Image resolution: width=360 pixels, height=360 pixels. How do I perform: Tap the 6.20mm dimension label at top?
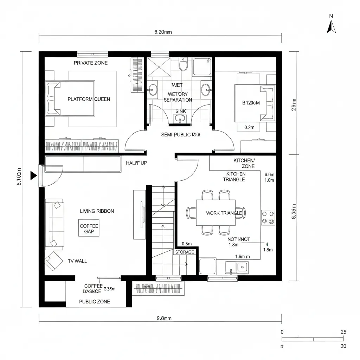pos(163,32)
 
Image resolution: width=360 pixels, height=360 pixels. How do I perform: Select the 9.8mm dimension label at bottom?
pos(163,319)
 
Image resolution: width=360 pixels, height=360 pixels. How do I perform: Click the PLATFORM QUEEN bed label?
pos(89,99)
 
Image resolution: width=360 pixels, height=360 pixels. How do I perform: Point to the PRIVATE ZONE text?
pos(90,63)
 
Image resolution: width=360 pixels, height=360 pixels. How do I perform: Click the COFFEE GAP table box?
pos(89,229)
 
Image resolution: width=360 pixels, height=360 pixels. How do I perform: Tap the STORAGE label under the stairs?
pos(184,252)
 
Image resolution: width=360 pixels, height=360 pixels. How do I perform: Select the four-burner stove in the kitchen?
pos(268,217)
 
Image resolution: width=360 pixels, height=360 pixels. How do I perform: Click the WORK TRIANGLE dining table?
pos(216,213)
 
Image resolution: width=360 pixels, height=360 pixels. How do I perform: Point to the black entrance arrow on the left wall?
pos(34,175)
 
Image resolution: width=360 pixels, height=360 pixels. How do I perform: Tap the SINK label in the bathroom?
pos(180,111)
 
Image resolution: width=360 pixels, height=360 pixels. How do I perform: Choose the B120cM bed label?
pos(251,103)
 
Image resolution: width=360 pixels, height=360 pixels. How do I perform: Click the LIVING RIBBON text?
pos(97,211)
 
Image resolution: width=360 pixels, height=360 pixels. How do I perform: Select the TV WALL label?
pos(77,261)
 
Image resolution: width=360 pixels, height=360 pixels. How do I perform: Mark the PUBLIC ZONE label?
pos(94,302)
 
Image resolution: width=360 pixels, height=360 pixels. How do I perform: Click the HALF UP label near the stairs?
pos(136,163)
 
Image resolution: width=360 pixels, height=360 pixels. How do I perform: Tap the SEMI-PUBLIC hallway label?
pos(181,135)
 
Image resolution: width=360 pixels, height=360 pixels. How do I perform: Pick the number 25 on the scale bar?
pos(343,332)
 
